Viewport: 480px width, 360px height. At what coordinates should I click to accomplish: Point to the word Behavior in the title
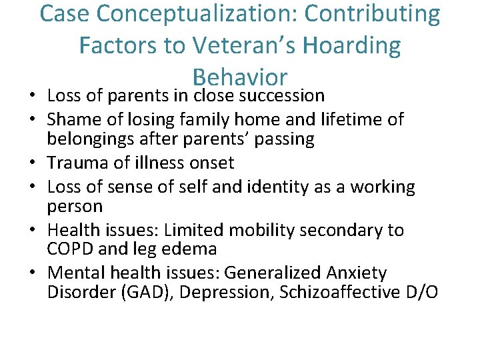click(239, 76)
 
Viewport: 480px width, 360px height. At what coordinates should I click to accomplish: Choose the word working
click(385, 187)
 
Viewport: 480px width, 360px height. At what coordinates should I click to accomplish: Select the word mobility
click(255, 230)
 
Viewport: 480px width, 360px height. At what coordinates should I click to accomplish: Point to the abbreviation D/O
click(423, 293)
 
